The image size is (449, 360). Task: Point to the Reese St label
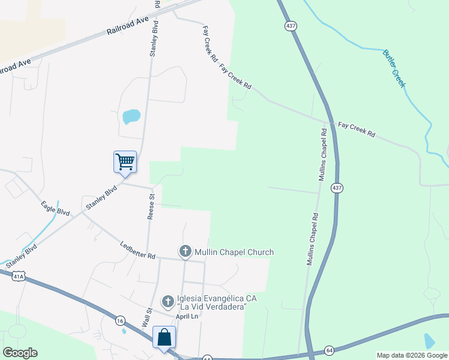[x=151, y=205]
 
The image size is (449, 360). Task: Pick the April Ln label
[x=187, y=316]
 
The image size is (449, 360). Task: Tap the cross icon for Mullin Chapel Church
[x=185, y=251]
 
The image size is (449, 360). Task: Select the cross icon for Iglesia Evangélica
[x=168, y=301]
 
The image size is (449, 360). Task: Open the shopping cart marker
[x=125, y=161]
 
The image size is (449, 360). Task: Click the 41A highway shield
[x=20, y=276]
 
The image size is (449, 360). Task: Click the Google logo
[x=20, y=353]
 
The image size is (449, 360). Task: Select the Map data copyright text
[x=412, y=355]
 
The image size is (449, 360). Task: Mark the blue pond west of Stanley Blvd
[x=131, y=116]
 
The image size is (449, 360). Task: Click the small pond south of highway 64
[x=429, y=341]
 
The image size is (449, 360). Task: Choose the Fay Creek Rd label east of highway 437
[x=356, y=128]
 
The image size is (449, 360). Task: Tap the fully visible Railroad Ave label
[x=128, y=27]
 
